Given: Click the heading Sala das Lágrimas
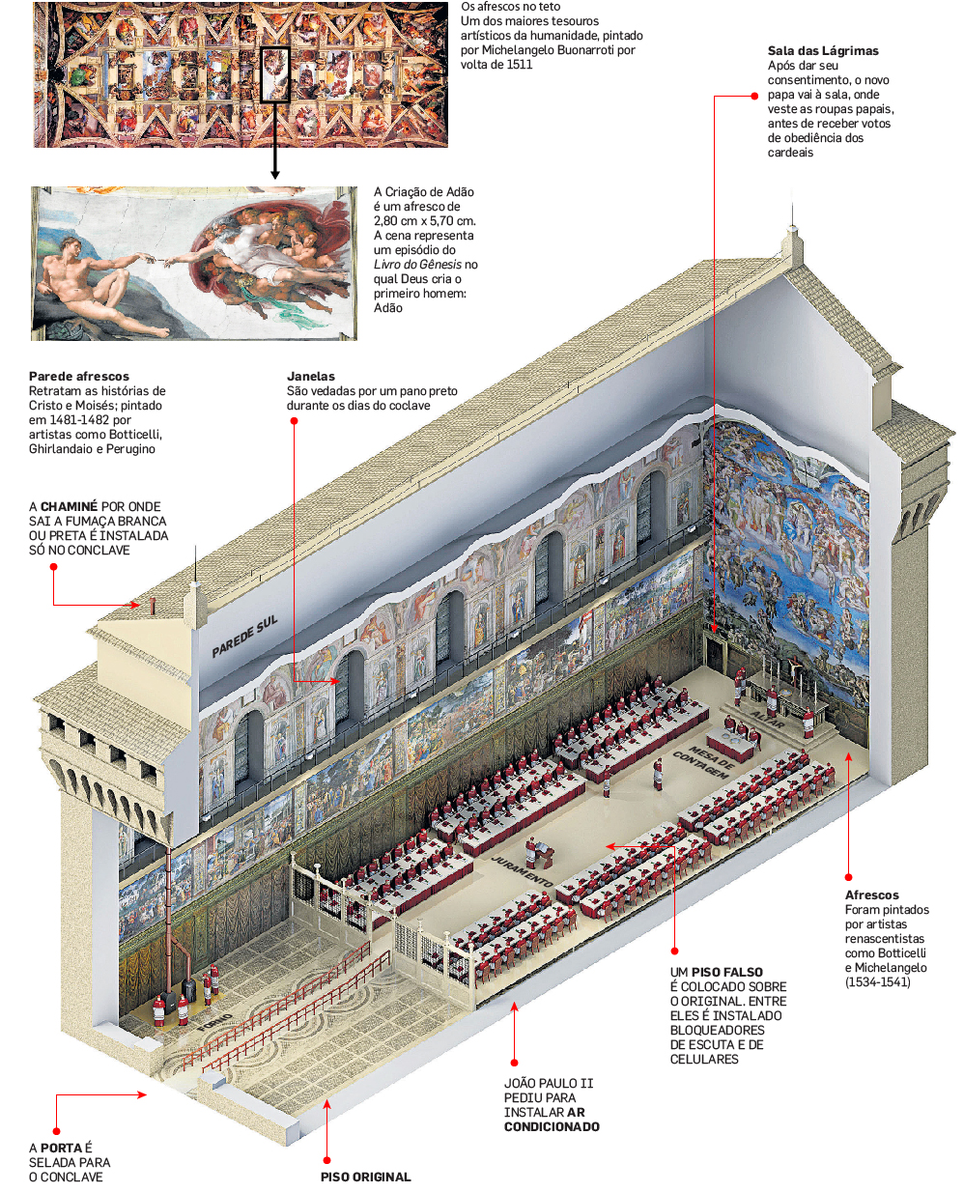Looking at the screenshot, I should (x=823, y=51).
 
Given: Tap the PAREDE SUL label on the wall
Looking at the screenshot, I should (x=244, y=636).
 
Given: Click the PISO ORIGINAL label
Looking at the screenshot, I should (x=366, y=1177).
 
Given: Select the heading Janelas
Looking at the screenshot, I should (x=311, y=377).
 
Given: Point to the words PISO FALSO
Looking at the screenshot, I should (x=727, y=973).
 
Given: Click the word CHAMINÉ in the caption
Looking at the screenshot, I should (x=69, y=507).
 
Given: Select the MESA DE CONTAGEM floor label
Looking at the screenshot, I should (x=704, y=761).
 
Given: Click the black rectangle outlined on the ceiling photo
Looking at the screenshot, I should (x=275, y=73).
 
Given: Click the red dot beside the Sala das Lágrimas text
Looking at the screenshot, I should (x=754, y=97).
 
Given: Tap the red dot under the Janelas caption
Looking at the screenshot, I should (x=294, y=421).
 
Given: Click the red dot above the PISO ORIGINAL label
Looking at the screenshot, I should (x=327, y=1160).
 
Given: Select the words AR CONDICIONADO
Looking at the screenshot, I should (x=553, y=1120).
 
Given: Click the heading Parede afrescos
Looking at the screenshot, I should (x=79, y=377).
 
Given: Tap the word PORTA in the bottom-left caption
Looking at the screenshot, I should (x=62, y=1149).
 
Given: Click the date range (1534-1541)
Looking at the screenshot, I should (x=877, y=982).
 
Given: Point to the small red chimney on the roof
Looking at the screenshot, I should (x=152, y=606).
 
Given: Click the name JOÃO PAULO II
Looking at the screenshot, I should (x=549, y=1084).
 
